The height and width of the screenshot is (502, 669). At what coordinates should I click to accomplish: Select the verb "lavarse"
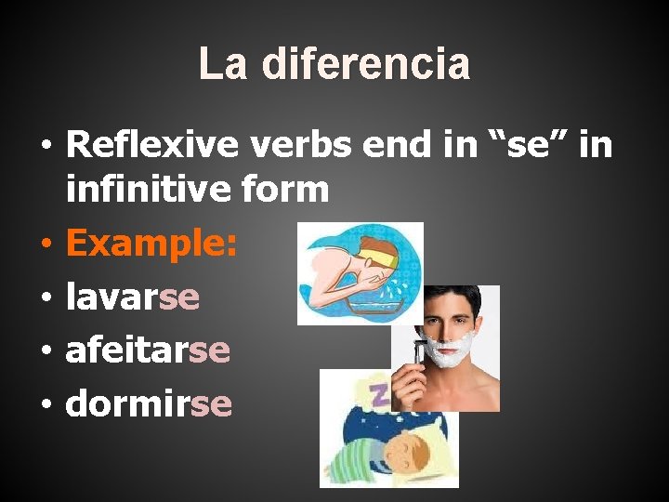[132, 297]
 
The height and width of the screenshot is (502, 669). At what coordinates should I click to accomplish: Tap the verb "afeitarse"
[148, 350]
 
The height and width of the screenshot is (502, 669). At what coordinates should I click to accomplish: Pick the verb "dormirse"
[149, 403]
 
